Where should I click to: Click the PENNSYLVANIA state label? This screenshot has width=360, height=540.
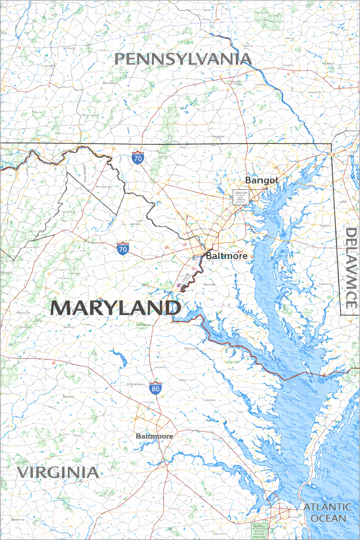click(x=183, y=59)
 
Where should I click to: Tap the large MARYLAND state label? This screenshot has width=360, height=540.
click(x=115, y=308)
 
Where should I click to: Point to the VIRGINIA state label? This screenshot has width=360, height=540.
click(x=58, y=472)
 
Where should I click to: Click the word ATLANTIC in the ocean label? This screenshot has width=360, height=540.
click(x=327, y=507)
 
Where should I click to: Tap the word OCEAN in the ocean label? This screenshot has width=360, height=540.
click(x=328, y=518)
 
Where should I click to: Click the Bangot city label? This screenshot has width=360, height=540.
click(x=262, y=180)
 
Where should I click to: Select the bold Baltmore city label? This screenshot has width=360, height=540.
click(x=226, y=256)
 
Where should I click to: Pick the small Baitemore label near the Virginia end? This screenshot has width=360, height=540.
click(x=154, y=436)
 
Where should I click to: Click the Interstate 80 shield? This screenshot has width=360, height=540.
click(x=155, y=388)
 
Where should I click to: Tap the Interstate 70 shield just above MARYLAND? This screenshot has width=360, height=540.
click(x=123, y=249)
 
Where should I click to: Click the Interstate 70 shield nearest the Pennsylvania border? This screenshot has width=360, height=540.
click(x=137, y=158)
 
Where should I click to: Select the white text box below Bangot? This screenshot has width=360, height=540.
click(x=241, y=197)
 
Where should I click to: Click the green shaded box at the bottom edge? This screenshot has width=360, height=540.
click(x=260, y=530)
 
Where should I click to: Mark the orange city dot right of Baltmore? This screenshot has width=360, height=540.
click(x=252, y=257)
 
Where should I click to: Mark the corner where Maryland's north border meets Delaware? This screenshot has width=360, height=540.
click(x=332, y=144)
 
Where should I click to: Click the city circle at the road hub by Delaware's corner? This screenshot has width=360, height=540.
click(x=332, y=154)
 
